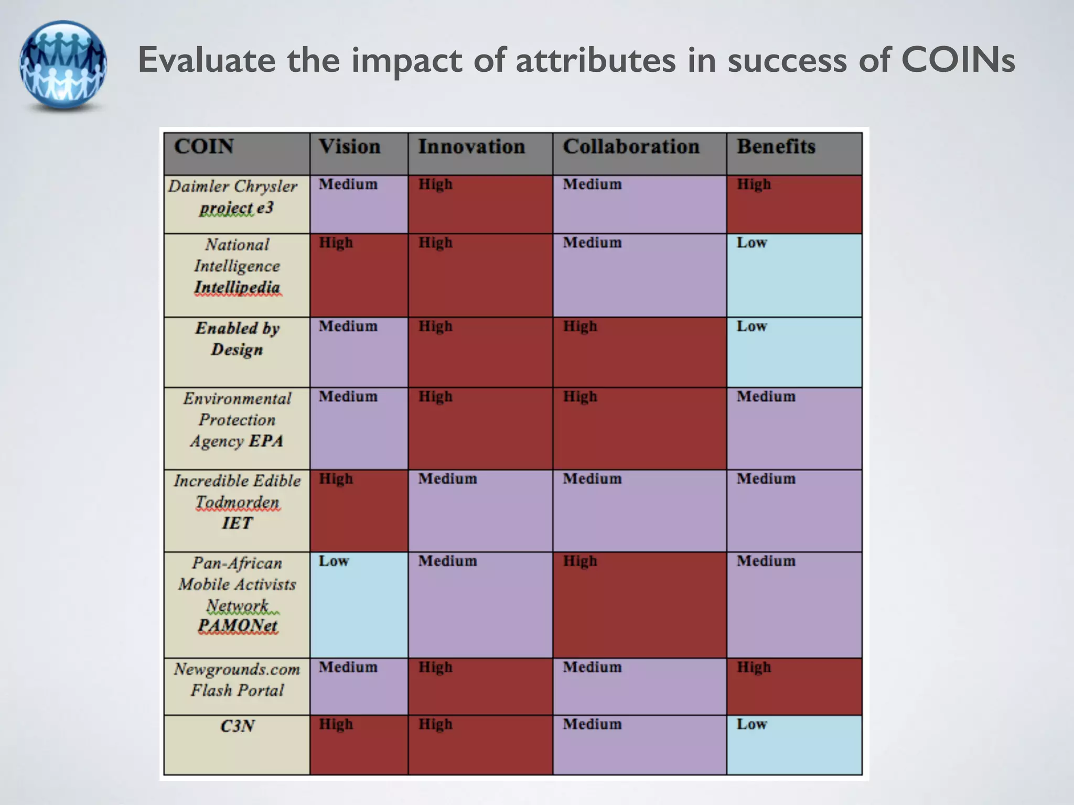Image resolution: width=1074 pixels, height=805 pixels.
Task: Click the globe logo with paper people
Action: pos(63,65)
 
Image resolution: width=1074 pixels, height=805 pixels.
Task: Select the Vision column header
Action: pos(350,147)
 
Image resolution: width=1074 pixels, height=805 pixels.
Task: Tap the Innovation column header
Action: pos(471,147)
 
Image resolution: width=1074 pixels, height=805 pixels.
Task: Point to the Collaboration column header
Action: pos(631,147)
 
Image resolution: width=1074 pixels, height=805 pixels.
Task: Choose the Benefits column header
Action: pos(776,147)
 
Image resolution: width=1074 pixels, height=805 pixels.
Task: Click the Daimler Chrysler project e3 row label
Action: pos(236,198)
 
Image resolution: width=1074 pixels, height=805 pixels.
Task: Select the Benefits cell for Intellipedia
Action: pos(794,275)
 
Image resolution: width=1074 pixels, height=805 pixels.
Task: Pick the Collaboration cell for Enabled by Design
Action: pos(639,352)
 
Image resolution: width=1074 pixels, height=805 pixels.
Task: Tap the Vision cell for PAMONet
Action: pos(359,605)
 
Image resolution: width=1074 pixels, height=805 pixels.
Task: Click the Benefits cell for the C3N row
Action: pos(794,745)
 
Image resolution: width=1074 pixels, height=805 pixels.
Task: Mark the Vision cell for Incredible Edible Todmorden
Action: pos(359,510)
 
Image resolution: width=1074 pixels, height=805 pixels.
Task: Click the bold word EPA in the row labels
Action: pos(266,441)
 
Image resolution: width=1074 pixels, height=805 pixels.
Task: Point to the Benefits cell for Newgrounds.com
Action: pos(794,687)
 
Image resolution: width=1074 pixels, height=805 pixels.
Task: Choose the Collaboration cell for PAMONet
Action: pos(639,605)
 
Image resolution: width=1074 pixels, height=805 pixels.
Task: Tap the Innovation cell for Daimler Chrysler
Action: pos(480,204)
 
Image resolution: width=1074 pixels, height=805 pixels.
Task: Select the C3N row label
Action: pos(238,726)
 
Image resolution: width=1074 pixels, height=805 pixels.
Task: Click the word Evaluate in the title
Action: pos(206,60)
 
